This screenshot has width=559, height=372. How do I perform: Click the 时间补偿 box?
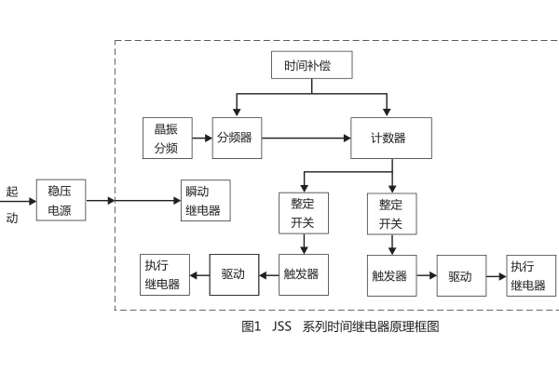309,67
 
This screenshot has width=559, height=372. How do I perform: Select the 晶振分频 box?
167,137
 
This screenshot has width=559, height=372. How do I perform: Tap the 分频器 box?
236,137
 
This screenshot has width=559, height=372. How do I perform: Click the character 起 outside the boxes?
12,192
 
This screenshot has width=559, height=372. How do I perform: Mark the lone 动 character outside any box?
12,218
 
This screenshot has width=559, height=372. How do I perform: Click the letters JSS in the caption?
282,327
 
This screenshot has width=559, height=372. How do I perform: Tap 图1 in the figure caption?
251,327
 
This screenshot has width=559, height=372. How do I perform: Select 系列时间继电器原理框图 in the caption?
371,327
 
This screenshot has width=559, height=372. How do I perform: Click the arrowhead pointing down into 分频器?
236,112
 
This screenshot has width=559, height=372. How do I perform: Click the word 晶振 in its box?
167,129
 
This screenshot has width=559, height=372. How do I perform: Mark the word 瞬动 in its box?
203,193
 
